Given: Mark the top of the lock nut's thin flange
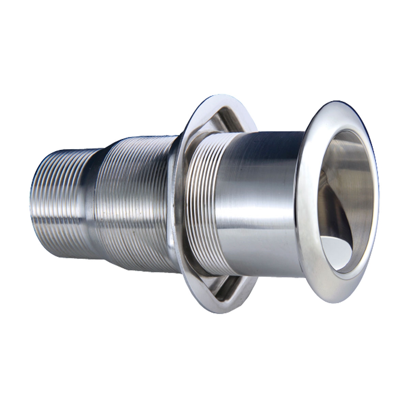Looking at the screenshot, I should coord(204,102).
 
